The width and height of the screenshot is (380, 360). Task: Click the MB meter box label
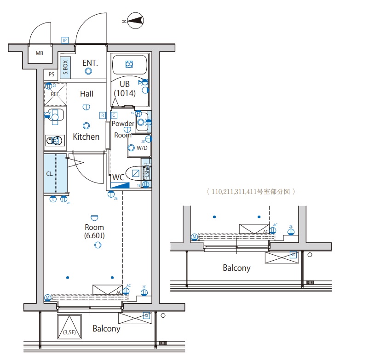(x=40, y=53)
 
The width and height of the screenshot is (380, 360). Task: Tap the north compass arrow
(x=135, y=20)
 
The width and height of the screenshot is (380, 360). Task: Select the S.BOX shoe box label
(x=65, y=67)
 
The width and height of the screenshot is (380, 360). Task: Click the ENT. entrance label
(x=90, y=63)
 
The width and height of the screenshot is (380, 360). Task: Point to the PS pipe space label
(x=51, y=74)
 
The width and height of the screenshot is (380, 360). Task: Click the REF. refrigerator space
(x=56, y=94)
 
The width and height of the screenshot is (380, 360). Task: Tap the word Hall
(x=86, y=94)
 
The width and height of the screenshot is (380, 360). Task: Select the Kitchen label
(x=86, y=137)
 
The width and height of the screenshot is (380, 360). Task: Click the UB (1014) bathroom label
(x=125, y=88)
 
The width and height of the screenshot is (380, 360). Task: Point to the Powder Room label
(x=123, y=129)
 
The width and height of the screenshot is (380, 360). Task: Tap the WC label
(x=118, y=177)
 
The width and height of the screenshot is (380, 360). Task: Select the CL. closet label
(x=49, y=174)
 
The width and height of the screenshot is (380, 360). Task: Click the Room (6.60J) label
(x=94, y=231)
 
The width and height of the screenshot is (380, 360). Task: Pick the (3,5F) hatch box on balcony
(x=69, y=328)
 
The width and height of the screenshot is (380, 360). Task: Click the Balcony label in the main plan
(x=106, y=328)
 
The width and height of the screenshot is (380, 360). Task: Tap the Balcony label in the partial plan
(x=236, y=268)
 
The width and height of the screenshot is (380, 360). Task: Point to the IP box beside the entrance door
(x=65, y=40)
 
